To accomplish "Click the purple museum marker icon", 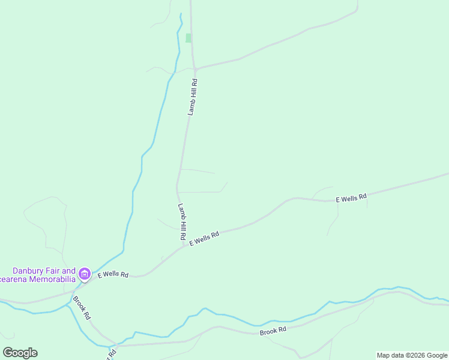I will pyautogui.click(x=85, y=275).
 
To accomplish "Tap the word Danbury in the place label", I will pyautogui.click(x=32, y=271).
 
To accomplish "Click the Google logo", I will pyautogui.click(x=20, y=353).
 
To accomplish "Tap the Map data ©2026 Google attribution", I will pyautogui.click(x=412, y=355).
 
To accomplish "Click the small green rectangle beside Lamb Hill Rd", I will pyautogui.click(x=188, y=38).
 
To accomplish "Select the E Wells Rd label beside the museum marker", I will pyautogui.click(x=113, y=275).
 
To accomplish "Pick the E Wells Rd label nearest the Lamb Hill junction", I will pyautogui.click(x=205, y=238).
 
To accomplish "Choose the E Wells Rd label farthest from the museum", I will pyautogui.click(x=351, y=198).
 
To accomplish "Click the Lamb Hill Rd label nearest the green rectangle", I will pyautogui.click(x=192, y=97).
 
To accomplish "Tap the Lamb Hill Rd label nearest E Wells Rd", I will pyautogui.click(x=181, y=222).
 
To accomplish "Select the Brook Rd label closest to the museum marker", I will pyautogui.click(x=82, y=307).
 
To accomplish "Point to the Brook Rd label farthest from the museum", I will pyautogui.click(x=273, y=331).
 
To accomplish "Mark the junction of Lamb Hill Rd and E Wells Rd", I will pyautogui.click(x=184, y=244).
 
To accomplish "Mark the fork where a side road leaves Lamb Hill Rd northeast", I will pyautogui.click(x=196, y=68).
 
